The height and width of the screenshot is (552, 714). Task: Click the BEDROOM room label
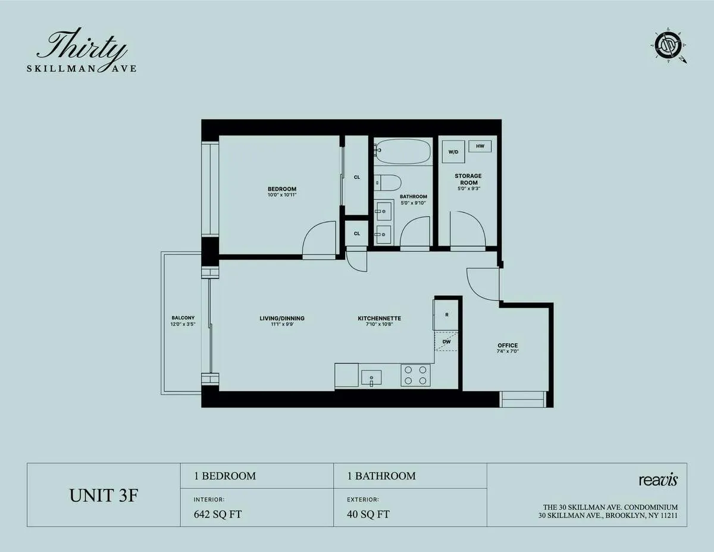281,189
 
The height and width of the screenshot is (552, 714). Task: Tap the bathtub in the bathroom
403,151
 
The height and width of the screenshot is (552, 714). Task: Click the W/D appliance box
453,152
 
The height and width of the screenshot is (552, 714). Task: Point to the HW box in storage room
480,146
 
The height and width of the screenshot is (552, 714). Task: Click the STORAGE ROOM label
468,180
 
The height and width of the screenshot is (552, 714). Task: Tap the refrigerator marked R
446,315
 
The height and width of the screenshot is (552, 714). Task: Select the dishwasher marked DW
446,342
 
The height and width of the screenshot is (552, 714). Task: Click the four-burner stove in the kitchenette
415,375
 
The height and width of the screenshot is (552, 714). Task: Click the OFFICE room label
508,346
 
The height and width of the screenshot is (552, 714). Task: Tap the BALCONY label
183,318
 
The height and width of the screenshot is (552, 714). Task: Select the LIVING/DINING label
282,318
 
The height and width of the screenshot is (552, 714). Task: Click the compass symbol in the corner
668,45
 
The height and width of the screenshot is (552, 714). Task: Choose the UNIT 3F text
104,495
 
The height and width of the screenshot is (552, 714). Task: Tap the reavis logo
657,479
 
